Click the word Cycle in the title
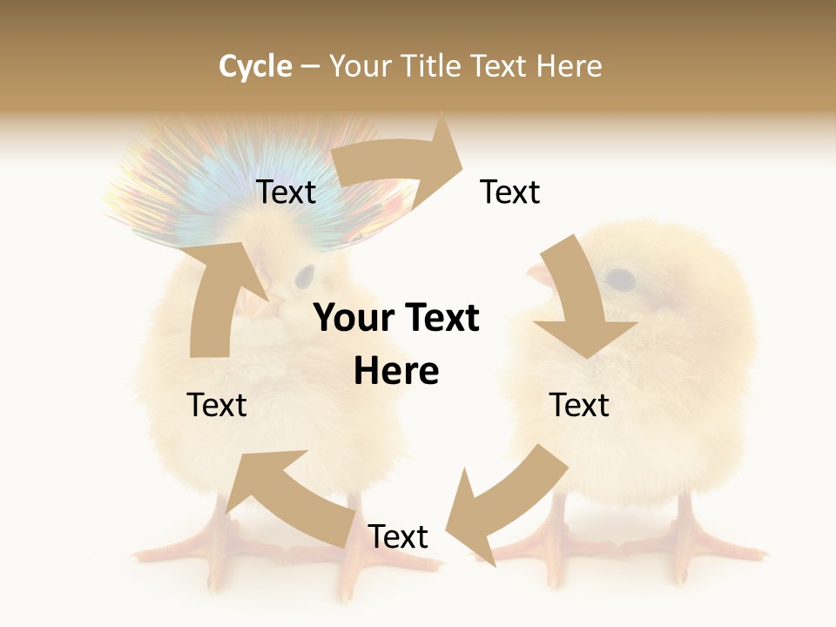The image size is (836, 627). pyautogui.click(x=255, y=66)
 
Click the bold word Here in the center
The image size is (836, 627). pyautogui.click(x=396, y=372)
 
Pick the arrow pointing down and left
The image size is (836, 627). pyautogui.click(x=505, y=505)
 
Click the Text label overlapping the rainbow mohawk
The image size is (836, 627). pyautogui.click(x=286, y=192)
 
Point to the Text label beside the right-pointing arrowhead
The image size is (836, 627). pyautogui.click(x=510, y=192)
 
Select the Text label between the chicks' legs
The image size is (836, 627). pyautogui.click(x=398, y=536)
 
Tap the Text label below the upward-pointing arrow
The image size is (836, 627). pyautogui.click(x=217, y=405)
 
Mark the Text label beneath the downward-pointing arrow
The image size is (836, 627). pyautogui.click(x=579, y=405)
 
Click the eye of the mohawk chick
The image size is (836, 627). pyautogui.click(x=304, y=277)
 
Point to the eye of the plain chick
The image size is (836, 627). pyautogui.click(x=620, y=279)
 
